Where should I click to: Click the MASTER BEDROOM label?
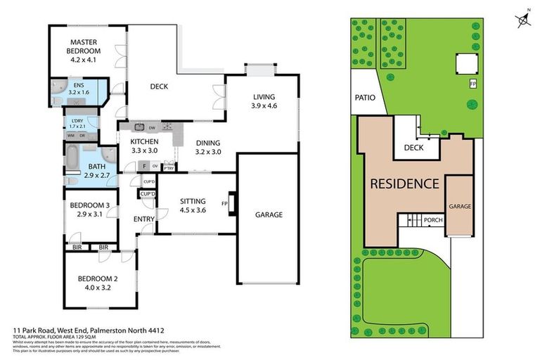[83, 56]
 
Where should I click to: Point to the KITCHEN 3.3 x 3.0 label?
[149, 146]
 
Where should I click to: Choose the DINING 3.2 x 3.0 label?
[208, 146]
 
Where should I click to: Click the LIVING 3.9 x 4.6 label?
[264, 101]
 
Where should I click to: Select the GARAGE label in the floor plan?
[268, 214]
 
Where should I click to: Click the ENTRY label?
[144, 219]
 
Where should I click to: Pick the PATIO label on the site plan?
[365, 98]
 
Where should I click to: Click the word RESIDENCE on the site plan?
[405, 184]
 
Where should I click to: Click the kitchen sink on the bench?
[139, 127]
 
